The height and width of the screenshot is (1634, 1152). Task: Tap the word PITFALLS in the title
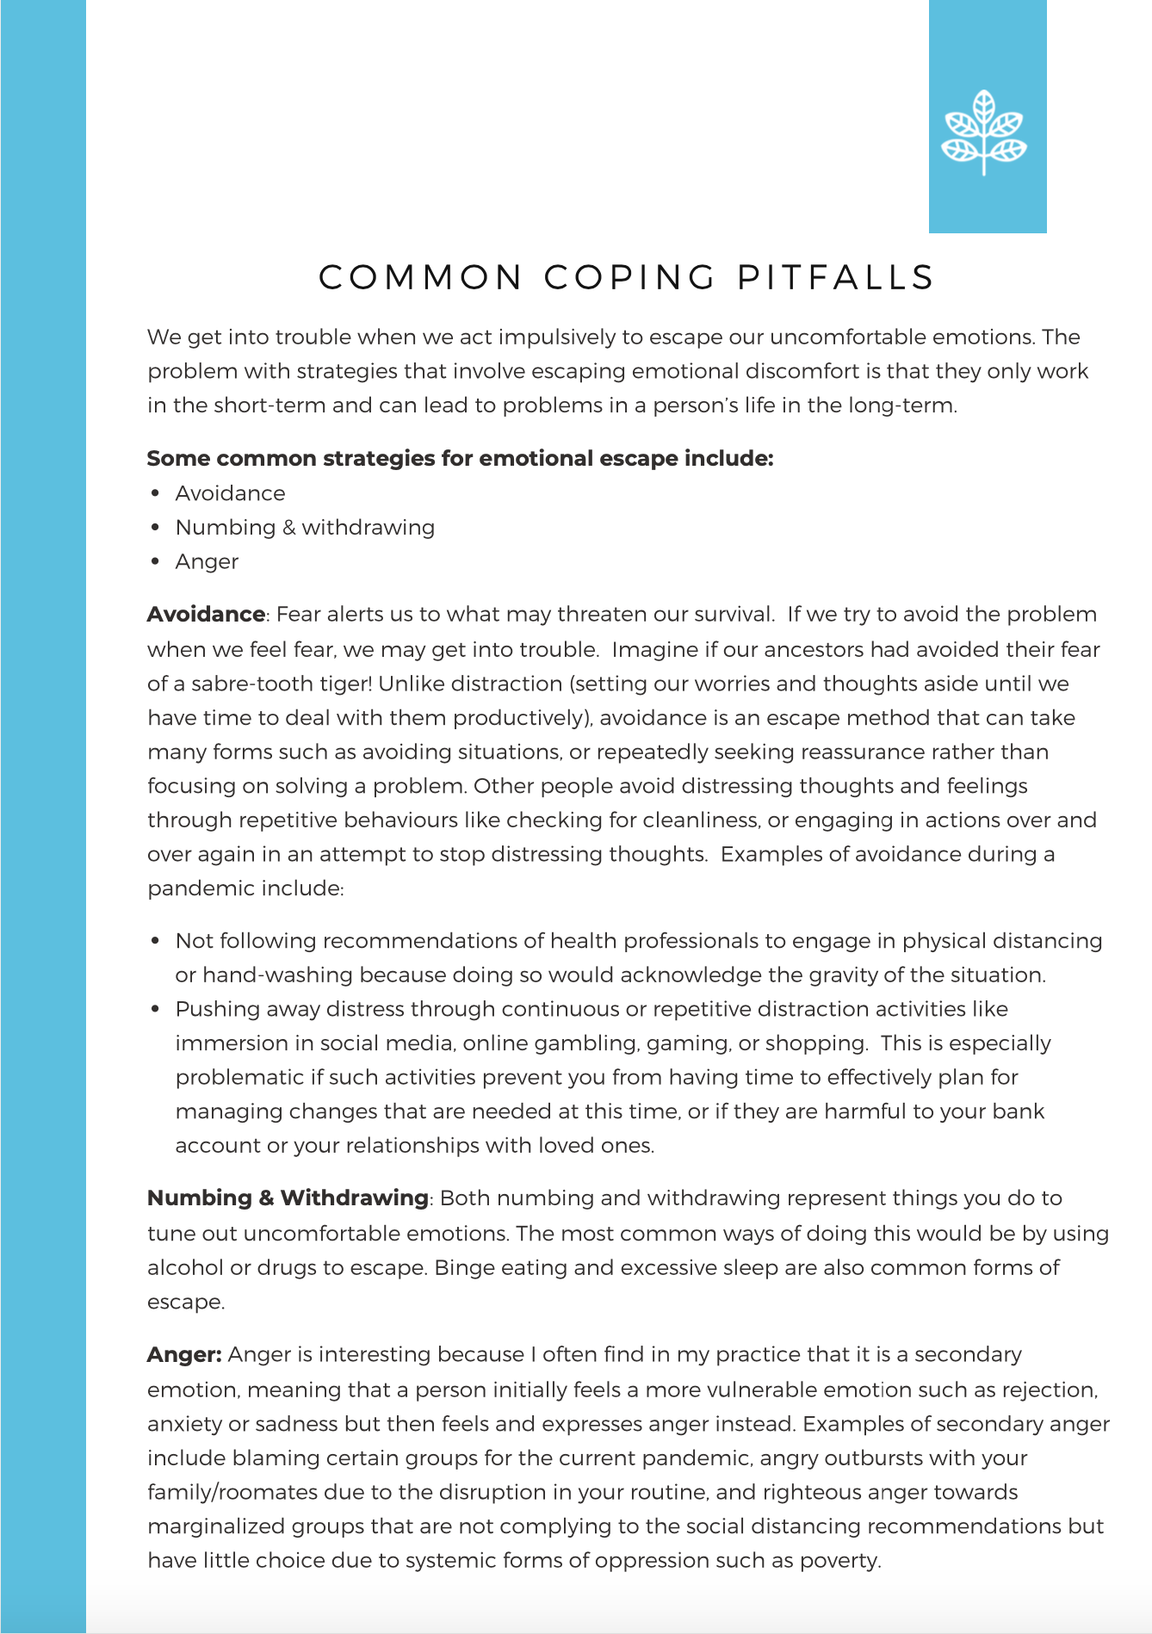(835, 277)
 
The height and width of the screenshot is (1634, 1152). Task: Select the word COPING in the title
(630, 277)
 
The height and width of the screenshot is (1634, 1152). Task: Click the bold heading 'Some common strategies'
(460, 458)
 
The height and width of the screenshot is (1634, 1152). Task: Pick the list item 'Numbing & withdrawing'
(305, 527)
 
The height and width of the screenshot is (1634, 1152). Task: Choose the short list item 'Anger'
(207, 561)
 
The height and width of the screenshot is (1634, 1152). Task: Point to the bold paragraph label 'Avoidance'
(206, 614)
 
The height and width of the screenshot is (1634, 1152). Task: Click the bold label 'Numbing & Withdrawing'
(288, 1198)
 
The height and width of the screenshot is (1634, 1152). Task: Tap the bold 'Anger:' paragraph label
(184, 1354)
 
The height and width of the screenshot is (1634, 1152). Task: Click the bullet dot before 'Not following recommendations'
(156, 940)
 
